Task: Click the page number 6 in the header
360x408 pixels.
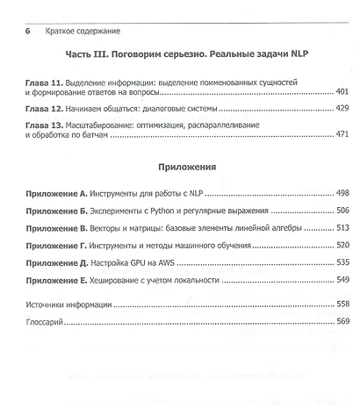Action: click(28, 30)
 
